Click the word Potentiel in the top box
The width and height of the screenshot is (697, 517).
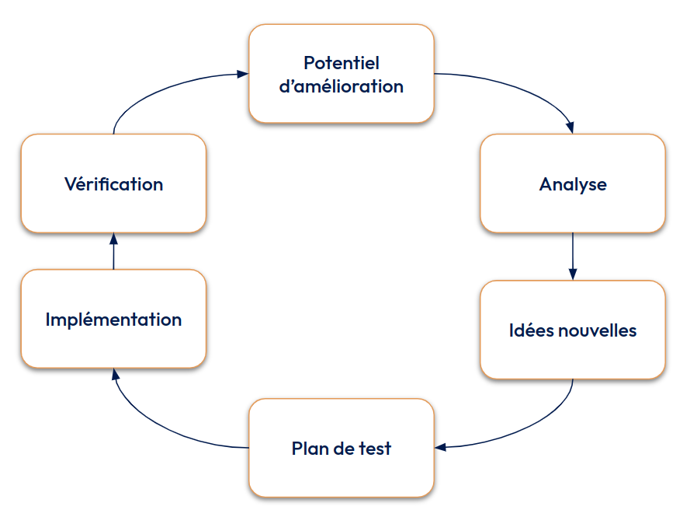(341, 62)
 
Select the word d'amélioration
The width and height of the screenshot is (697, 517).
(341, 86)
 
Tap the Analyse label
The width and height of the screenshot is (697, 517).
(573, 184)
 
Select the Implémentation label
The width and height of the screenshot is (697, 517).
(113, 320)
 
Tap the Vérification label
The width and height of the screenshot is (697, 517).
(113, 184)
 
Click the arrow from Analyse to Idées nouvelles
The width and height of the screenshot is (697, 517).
(573, 253)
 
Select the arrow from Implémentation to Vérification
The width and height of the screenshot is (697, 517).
(113, 253)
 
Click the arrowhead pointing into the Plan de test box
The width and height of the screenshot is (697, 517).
(440, 447)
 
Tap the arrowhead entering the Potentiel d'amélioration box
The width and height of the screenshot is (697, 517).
(242, 74)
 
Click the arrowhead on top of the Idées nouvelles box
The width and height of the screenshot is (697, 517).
(573, 274)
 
